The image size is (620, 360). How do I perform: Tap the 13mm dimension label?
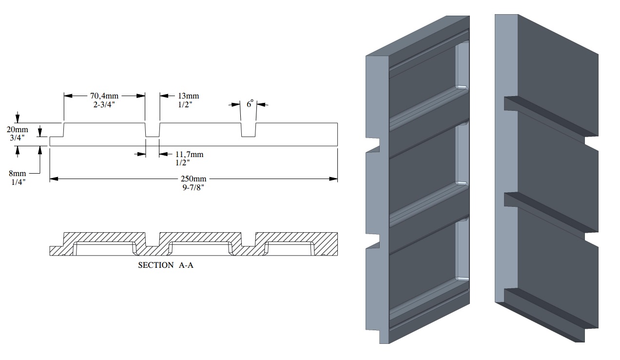click(x=188, y=96)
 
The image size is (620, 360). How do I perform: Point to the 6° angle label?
click(x=250, y=104)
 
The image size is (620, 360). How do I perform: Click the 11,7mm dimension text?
click(x=190, y=155)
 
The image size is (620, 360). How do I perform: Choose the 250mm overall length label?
click(x=194, y=179)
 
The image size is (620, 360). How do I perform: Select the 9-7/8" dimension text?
click(x=194, y=187)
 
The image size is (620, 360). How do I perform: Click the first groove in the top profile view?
click(x=153, y=131)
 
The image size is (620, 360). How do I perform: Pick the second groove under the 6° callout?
click(x=249, y=131)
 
